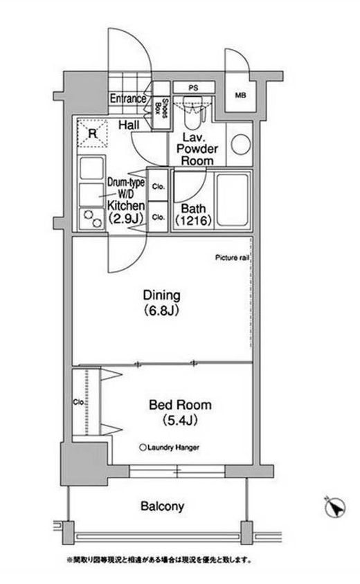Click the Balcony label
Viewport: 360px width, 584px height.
162,507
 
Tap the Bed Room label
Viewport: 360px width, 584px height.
180,405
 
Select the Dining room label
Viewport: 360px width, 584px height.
162,295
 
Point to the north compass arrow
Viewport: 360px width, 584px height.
335,507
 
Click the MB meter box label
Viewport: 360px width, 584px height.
240,95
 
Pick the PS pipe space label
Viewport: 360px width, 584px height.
193,89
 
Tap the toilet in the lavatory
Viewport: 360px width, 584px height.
193,109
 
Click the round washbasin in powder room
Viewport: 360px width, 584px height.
240,145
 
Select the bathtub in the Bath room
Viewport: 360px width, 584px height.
233,200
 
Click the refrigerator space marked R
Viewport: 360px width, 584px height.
92,133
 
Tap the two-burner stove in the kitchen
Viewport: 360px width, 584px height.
91,219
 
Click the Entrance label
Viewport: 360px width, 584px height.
128,99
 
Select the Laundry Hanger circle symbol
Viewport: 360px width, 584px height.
143,448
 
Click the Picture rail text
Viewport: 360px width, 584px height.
232,257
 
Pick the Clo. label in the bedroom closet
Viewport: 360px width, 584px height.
79,402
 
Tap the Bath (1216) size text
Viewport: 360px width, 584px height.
193,221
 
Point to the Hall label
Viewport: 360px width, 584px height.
129,125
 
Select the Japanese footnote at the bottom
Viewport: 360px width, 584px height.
159,560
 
